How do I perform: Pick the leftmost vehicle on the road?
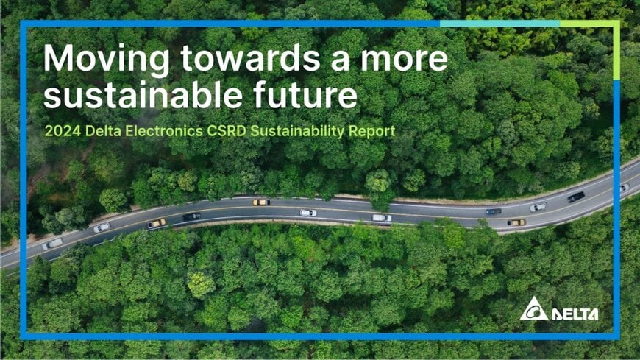pyautogui.click(x=52, y=244)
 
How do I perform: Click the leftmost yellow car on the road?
pyautogui.click(x=156, y=223)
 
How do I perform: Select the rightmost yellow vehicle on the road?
pyautogui.click(x=516, y=222)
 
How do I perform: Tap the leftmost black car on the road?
pyautogui.click(x=191, y=216)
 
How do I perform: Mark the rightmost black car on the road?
pyautogui.click(x=576, y=197)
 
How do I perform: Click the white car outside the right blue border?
pyautogui.click(x=625, y=187)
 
